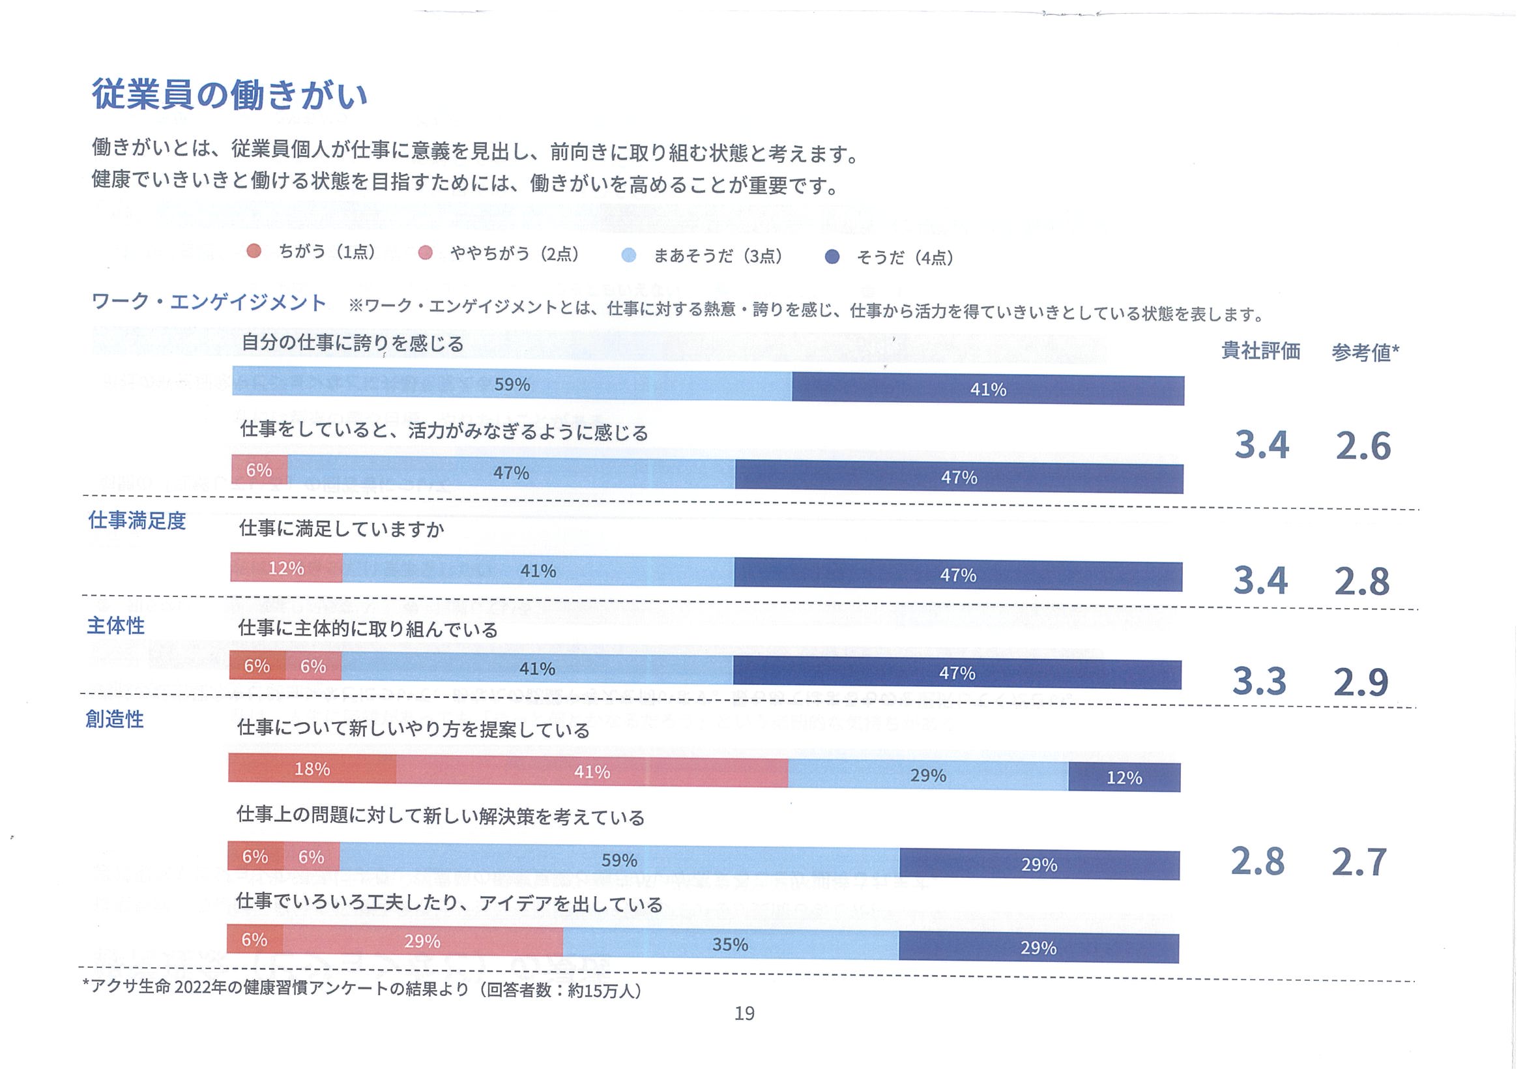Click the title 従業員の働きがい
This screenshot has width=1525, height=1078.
pos(229,95)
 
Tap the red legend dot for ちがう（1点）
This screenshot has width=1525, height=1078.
pos(254,251)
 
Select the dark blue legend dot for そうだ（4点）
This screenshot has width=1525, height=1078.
pos(832,257)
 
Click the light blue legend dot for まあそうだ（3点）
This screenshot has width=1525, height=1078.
pos(628,255)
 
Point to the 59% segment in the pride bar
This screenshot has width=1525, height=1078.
pos(512,385)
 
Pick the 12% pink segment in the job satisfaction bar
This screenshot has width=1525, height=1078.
pos(286,568)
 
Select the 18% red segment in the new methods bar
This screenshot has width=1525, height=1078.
pos(312,769)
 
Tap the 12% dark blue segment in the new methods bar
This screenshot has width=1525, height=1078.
pos(1124,778)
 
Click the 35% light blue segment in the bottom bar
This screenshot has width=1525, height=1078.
pos(730,944)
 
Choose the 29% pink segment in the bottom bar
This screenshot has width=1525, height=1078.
pos(422,942)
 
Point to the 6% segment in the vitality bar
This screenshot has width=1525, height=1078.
pos(259,471)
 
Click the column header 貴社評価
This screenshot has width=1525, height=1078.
pos(1260,351)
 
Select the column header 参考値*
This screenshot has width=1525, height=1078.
pos(1365,352)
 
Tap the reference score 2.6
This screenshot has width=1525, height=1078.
pos(1363,446)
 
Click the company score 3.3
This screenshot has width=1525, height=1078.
pos(1258,682)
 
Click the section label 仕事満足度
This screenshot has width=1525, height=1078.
pos(138,521)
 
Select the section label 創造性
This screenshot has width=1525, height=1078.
pos(115,720)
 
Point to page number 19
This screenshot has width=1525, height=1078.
pos(744,1013)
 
